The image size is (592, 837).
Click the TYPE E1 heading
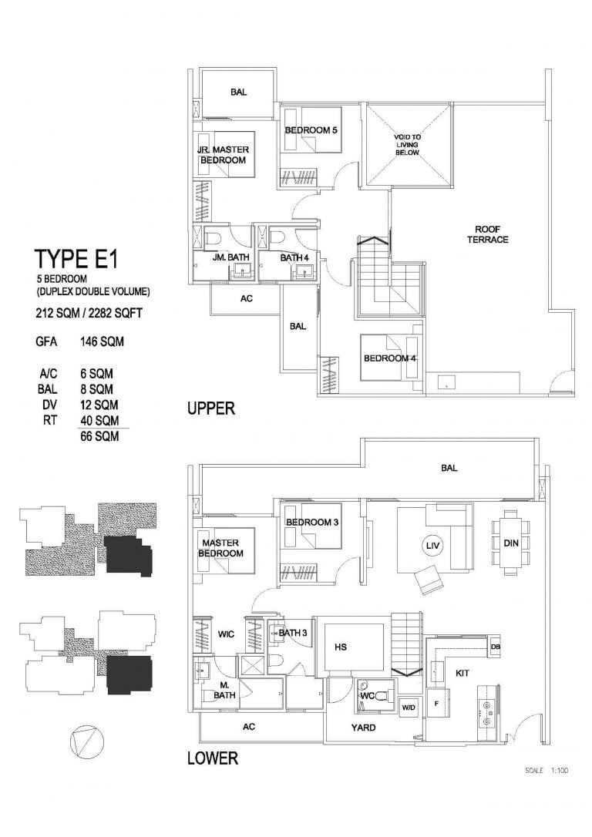pos(76,260)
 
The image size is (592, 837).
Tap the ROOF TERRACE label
pos(488,234)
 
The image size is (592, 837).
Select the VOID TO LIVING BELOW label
pos(407,145)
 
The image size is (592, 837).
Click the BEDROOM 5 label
pos(311,130)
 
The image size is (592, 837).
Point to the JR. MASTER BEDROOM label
pos(223,155)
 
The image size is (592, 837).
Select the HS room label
pos(341,647)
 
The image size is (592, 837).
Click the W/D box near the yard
pos(409,708)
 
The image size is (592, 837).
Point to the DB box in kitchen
pos(495,647)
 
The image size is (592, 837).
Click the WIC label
pos(227,635)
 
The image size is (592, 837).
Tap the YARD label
pos(363,727)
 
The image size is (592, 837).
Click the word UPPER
pos(211,409)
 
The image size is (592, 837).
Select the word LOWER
pos(213,758)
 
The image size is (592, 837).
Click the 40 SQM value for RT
pos(100,421)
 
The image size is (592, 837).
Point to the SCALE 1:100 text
pos(547,770)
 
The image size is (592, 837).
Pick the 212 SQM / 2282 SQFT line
pos(89,313)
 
